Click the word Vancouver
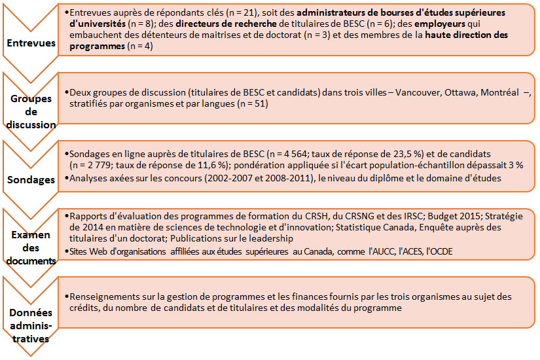pos(414,92)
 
